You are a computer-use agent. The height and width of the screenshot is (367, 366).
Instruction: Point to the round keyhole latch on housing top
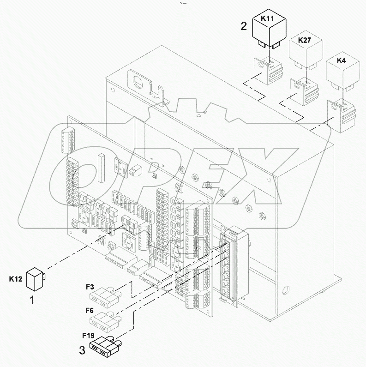(x=137, y=81)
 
